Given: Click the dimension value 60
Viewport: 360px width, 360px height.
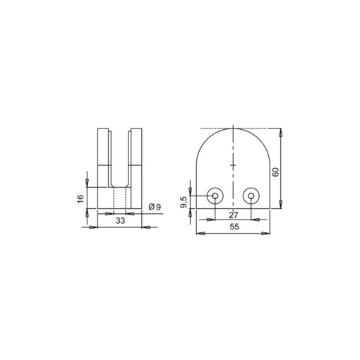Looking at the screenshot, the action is coord(275,172).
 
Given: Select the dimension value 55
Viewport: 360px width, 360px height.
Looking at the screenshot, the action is coord(234,227).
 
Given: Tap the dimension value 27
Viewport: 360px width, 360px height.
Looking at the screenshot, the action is coord(234,215).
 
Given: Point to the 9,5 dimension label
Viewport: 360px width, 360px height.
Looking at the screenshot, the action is coord(184,202).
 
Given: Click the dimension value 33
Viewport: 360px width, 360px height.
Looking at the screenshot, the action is coord(120,221).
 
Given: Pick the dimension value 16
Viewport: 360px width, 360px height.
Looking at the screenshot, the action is coord(80,198).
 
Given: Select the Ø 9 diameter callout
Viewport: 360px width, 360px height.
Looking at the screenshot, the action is coord(155,207).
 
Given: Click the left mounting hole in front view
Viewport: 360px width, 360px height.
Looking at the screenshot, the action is coord(215,196).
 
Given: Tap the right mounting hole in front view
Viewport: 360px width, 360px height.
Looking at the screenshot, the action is coord(251,196).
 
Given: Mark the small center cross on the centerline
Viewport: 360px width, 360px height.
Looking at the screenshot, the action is coord(233,165).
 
